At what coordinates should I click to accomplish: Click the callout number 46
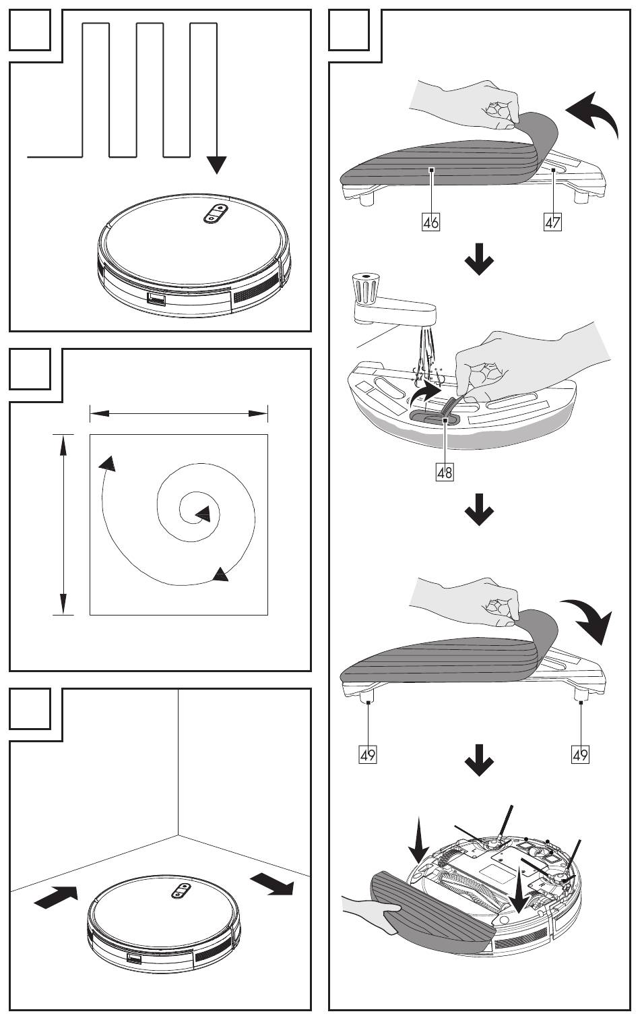point(430,222)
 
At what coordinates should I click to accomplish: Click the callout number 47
point(552,222)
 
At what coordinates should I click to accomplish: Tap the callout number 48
point(445,472)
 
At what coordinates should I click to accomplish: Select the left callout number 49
point(368,754)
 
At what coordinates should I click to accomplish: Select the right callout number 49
point(580,754)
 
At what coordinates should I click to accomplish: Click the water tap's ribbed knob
point(366,289)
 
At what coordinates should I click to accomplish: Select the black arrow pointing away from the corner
point(272,884)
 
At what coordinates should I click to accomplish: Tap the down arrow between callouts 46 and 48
point(479,260)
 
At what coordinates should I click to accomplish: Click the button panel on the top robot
point(215,213)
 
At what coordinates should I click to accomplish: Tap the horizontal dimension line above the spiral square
point(179,413)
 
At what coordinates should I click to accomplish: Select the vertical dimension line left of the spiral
point(63,524)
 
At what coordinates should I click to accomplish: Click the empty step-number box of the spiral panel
point(30,369)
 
